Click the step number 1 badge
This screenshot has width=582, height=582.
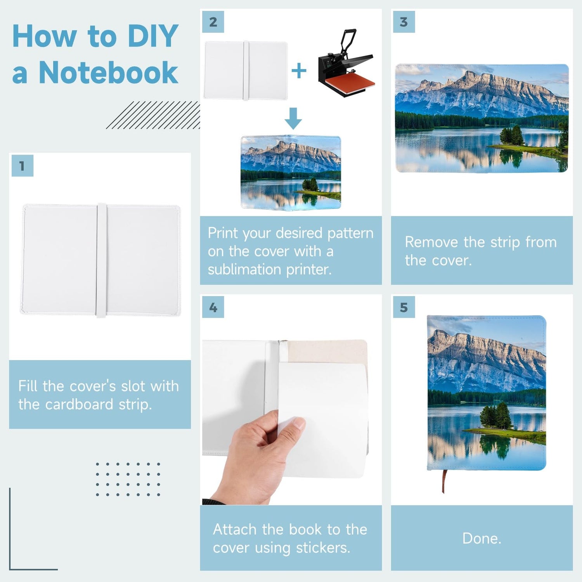23,166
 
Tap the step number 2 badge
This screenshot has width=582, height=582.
213,22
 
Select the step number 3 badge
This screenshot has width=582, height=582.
404,22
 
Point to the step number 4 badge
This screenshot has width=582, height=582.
213,307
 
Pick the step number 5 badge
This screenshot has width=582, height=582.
404,307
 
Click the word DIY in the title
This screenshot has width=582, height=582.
153,36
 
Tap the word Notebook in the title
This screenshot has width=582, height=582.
108,72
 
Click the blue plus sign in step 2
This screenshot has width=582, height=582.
299,71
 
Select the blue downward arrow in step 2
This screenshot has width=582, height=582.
293,118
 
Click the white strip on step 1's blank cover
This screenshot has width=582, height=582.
101,260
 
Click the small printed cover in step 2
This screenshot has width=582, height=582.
291,173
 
